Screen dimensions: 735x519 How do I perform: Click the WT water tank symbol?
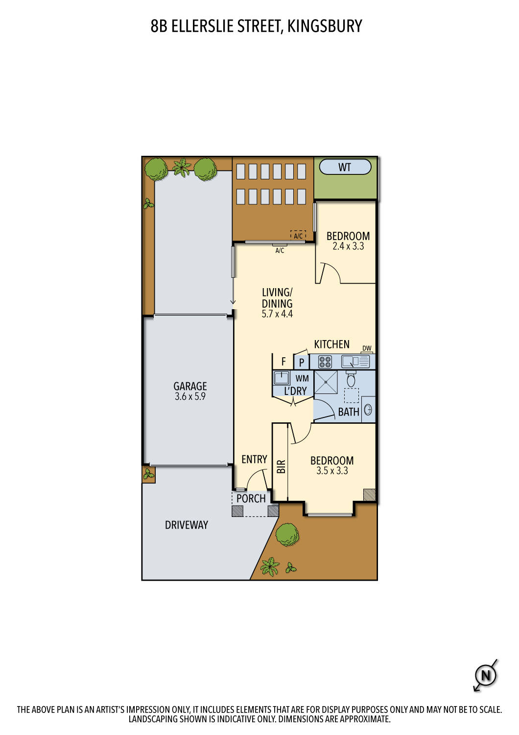(345, 167)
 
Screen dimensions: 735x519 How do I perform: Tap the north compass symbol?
(485, 676)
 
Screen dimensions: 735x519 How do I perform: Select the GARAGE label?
(190, 386)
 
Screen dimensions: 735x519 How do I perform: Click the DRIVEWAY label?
(186, 525)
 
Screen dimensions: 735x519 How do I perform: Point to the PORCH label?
(251, 498)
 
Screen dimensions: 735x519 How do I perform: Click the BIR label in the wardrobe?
(281, 466)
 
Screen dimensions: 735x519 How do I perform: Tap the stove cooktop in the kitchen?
(325, 362)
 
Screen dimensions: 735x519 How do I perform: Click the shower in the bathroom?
(326, 382)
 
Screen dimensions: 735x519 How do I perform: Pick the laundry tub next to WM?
(282, 378)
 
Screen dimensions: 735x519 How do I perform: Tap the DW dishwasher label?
(367, 348)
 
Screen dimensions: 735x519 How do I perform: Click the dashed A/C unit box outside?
(298, 236)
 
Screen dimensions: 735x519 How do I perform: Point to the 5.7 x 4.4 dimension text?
(277, 314)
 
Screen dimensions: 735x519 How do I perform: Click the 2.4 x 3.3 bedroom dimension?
(348, 246)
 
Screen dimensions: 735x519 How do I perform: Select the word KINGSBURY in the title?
(324, 26)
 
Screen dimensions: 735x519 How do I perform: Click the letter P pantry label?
(302, 363)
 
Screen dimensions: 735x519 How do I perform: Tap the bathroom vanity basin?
(368, 410)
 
